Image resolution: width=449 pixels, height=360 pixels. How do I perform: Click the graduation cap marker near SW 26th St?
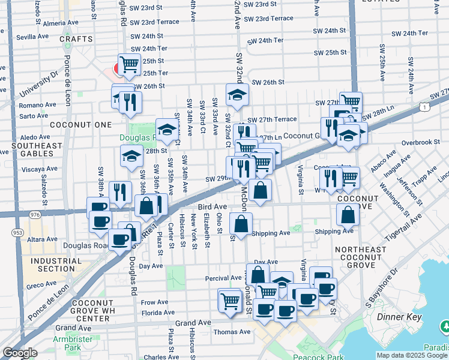click(237, 94)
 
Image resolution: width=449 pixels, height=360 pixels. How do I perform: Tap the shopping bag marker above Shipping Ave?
click(241, 224)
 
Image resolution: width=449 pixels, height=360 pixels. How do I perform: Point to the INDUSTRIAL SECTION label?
click(53, 265)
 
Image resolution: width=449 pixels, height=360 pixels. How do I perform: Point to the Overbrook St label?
click(421, 142)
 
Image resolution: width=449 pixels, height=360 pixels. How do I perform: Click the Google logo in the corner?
click(20, 353)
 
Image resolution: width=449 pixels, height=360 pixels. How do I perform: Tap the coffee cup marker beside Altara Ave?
click(120, 239)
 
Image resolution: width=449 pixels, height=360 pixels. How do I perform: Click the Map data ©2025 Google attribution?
click(412, 355)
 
